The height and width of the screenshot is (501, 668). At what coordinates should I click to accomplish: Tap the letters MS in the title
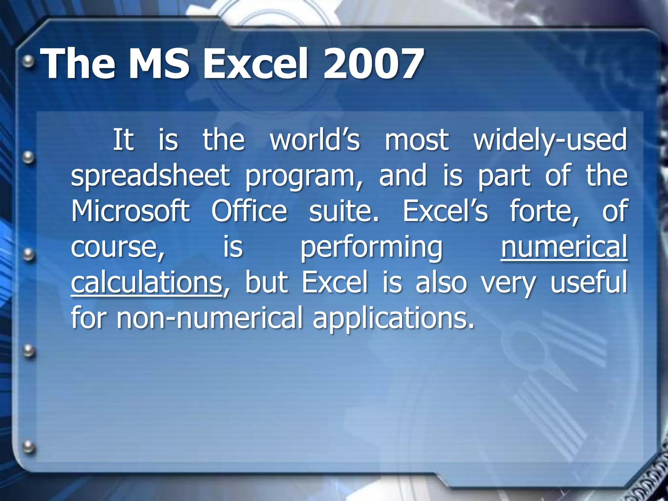click(x=159, y=64)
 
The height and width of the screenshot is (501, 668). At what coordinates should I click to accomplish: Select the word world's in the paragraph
click(x=315, y=140)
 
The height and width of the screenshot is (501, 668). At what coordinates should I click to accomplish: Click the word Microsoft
click(x=130, y=211)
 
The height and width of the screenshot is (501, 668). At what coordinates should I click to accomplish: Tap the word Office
click(x=249, y=211)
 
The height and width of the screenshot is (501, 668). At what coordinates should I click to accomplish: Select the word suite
click(x=344, y=212)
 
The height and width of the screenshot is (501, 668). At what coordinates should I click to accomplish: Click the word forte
click(x=544, y=212)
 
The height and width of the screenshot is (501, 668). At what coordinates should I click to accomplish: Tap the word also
click(x=441, y=282)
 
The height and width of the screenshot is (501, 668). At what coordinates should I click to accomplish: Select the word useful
click(x=589, y=282)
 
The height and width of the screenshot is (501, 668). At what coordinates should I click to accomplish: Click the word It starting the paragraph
click(x=123, y=140)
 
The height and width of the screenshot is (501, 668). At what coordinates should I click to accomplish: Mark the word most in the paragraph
click(x=417, y=141)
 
